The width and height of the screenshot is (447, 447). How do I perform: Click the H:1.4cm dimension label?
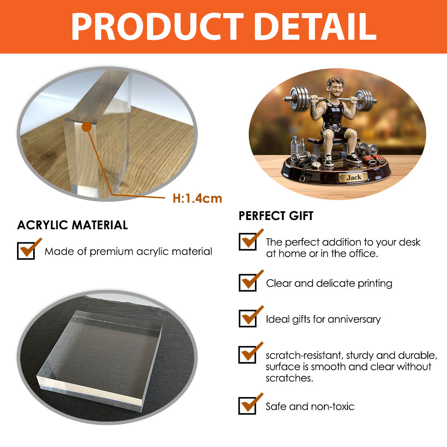click(197, 199)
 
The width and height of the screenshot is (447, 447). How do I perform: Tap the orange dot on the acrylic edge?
click(87, 127)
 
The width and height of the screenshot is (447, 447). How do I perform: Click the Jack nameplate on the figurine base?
click(354, 177)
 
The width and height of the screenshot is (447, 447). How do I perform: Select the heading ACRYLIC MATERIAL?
click(72, 225)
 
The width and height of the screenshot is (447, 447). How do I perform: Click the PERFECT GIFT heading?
click(276, 216)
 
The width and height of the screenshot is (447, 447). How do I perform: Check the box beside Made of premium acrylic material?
click(26, 251)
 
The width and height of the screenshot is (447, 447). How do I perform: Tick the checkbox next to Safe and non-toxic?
click(248, 406)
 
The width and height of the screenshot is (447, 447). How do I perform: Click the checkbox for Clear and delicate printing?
click(248, 282)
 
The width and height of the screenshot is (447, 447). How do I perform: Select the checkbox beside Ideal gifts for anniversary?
click(248, 318)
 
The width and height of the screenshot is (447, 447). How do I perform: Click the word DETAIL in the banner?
click(315, 27)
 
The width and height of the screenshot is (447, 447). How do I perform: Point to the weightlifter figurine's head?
click(335, 87)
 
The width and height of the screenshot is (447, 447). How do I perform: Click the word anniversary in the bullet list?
click(354, 320)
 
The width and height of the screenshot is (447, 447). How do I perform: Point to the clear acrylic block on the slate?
click(99, 356)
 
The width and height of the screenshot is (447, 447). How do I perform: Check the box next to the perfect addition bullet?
click(248, 241)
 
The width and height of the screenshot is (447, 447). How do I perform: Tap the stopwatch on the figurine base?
click(316, 164)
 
